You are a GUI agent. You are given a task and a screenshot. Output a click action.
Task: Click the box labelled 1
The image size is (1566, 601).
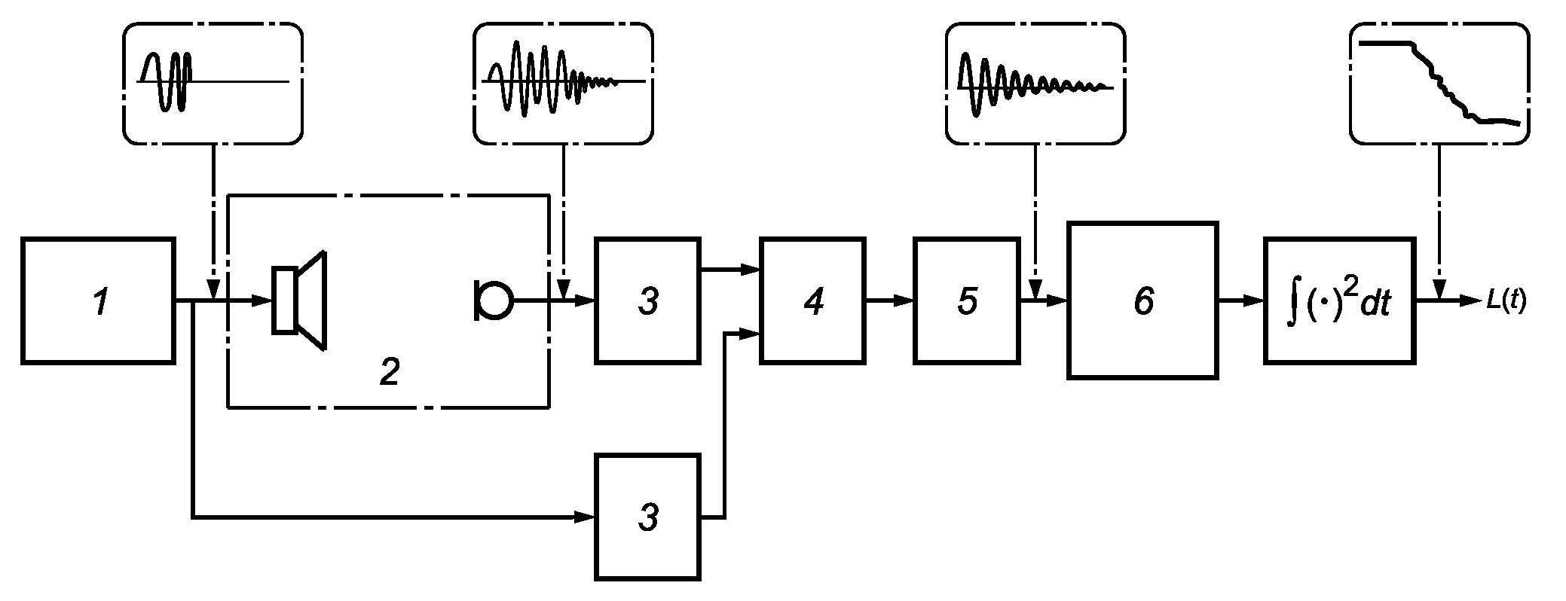pyautogui.click(x=98, y=301)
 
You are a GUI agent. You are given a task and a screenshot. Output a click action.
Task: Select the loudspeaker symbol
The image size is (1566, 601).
pyautogui.click(x=299, y=300)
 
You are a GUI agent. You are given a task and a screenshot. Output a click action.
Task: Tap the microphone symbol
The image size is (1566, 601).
pyautogui.click(x=493, y=300)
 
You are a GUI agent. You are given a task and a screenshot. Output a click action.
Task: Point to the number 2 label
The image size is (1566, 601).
pyautogui.click(x=389, y=373)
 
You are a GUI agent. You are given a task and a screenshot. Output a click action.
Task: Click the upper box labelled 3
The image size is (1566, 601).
pyautogui.click(x=647, y=301)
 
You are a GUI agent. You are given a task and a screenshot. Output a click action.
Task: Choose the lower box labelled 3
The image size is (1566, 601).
pyautogui.click(x=647, y=517)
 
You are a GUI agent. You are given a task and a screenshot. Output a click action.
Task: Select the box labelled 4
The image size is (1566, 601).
pyautogui.click(x=813, y=301)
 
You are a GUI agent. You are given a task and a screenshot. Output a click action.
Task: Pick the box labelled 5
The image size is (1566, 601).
pyautogui.click(x=966, y=301)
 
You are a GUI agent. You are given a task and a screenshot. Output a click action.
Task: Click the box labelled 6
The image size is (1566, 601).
pyautogui.click(x=1142, y=300)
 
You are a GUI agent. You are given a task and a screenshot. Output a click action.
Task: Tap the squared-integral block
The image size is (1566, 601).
pyautogui.click(x=1340, y=301)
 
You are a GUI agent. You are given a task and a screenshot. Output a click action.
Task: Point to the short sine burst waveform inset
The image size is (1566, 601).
pyautogui.click(x=213, y=83)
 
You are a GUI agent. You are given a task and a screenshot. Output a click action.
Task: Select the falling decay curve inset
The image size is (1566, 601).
pyautogui.click(x=1439, y=83)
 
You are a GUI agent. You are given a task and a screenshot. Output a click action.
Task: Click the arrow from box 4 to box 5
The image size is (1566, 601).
pyautogui.click(x=890, y=301)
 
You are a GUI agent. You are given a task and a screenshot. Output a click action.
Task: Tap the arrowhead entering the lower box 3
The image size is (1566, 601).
pyautogui.click(x=586, y=517)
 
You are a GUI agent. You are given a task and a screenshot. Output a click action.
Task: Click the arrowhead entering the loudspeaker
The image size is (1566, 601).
pyautogui.click(x=262, y=301)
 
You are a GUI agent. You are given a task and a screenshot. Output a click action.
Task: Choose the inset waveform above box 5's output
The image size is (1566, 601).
pyautogui.click(x=1035, y=83)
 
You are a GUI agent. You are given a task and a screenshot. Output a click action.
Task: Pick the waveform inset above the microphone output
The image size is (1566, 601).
pyautogui.click(x=563, y=83)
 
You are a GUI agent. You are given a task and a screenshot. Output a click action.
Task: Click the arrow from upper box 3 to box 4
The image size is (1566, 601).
pyautogui.click(x=730, y=269)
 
